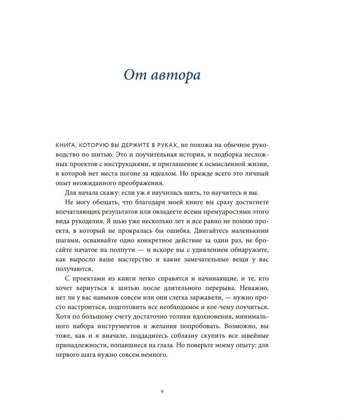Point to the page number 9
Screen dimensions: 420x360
point(162,391)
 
